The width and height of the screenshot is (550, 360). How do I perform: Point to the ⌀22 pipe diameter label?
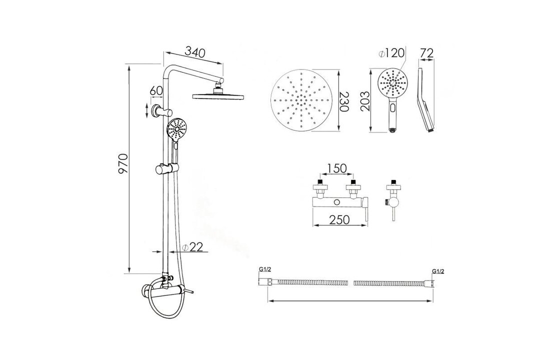tap(192, 247)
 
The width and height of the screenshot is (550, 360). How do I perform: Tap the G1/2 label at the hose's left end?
tap(265, 270)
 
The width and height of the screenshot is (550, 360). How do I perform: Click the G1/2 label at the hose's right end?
tap(437, 271)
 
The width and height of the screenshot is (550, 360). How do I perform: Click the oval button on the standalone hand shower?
tap(393, 107)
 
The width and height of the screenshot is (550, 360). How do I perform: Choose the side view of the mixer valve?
tap(393, 200)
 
